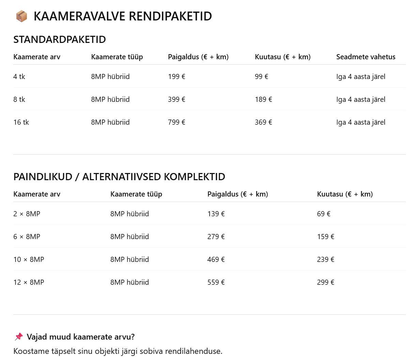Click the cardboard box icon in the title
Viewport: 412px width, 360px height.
tap(21, 16)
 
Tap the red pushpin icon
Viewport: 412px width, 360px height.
tap(19, 337)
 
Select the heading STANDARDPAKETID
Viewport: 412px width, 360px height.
tap(60, 40)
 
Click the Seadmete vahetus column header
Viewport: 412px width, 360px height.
tap(366, 57)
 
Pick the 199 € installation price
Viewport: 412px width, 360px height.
tap(177, 77)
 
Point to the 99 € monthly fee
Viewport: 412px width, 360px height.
tap(261, 77)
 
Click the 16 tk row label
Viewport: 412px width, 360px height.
tap(21, 122)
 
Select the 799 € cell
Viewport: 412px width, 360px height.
tap(177, 122)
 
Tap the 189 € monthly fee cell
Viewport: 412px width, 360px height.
tap(263, 99)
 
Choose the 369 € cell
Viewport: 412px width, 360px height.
tap(263, 122)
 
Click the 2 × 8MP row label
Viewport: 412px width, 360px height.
tap(27, 214)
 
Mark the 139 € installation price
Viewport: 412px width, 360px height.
tap(216, 214)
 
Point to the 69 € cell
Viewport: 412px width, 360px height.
tap(324, 214)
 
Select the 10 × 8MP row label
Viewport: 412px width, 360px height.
tap(29, 260)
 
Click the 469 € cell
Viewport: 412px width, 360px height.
tap(216, 260)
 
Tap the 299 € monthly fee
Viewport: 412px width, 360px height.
tap(325, 282)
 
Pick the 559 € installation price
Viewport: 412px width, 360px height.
tap(216, 282)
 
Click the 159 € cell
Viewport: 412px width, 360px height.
tap(325, 237)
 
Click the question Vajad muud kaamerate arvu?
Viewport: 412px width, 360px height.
tap(81, 337)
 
